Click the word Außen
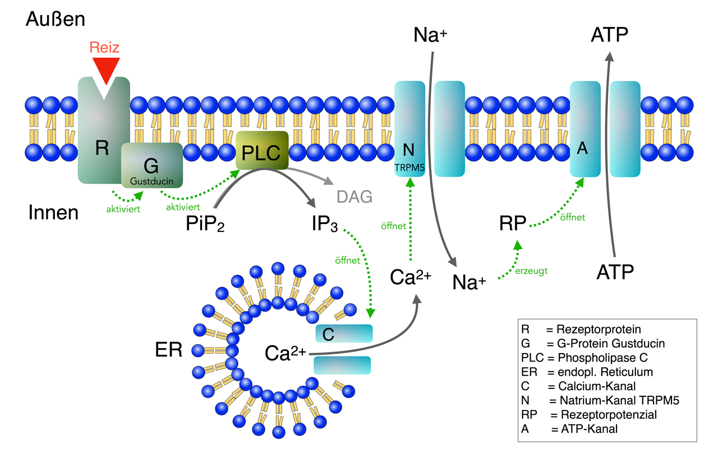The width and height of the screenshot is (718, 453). point(55,20)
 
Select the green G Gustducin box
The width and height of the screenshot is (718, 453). point(151,164)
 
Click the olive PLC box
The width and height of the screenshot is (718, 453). point(262,152)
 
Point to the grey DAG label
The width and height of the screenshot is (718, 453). point(355,196)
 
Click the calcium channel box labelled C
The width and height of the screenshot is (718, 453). point(343,334)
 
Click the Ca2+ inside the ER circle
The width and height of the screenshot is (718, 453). point(286,354)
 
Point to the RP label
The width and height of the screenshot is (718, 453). point(513,223)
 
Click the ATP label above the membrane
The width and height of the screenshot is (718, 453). point(609,35)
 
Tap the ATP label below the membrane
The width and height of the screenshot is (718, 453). point(615,273)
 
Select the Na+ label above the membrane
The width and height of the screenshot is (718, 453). point(430,35)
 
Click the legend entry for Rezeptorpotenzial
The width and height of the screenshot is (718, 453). point(588,415)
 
